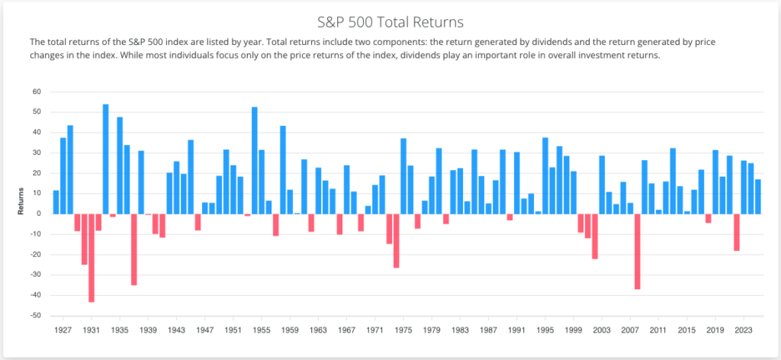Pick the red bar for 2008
(x=638, y=252)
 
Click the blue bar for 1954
(x=255, y=160)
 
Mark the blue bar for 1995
(x=545, y=175)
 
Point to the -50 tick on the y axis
(x=35, y=316)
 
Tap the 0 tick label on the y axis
(x=39, y=214)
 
